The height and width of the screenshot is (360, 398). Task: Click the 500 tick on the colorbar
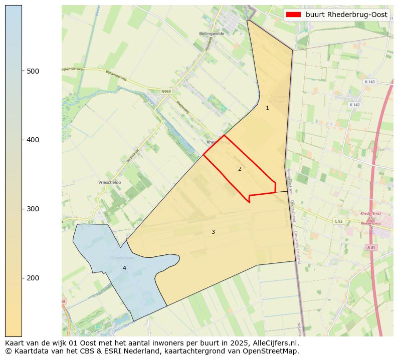[22, 71]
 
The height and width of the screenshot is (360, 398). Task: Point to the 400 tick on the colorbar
[22, 140]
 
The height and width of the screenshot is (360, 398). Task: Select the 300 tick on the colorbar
[22, 209]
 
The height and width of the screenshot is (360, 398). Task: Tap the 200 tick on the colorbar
[22, 278]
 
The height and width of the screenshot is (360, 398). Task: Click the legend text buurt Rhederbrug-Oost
[346, 15]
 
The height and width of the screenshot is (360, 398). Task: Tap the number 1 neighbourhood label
[267, 108]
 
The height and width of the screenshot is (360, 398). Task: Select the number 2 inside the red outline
[240, 169]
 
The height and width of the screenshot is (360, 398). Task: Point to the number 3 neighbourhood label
[213, 232]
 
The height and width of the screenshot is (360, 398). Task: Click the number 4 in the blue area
[124, 268]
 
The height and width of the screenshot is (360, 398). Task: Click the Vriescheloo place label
[110, 183]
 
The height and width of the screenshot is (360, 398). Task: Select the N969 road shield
[166, 92]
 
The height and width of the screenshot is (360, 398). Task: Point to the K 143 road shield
[369, 82]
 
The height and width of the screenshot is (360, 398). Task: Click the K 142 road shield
[354, 105]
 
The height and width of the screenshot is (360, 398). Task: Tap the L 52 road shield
[338, 221]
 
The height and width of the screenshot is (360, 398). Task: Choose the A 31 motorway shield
[371, 247]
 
